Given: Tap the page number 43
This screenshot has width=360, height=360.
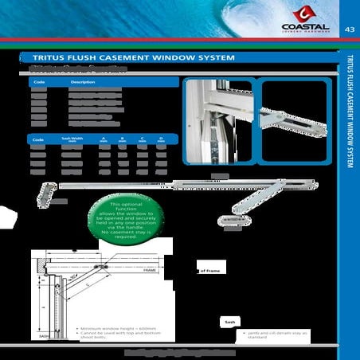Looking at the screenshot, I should [349, 29].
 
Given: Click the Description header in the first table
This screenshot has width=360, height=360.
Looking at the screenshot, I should [83, 82].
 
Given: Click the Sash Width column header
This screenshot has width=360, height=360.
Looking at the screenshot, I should [72, 139].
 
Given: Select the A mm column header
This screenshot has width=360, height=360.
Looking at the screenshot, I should [104, 139].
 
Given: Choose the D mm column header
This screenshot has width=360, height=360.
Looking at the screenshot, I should [161, 139].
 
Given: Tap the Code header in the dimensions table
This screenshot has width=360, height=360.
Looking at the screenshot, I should [37, 139].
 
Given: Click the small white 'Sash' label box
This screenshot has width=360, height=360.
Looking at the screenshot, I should [229, 323].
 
